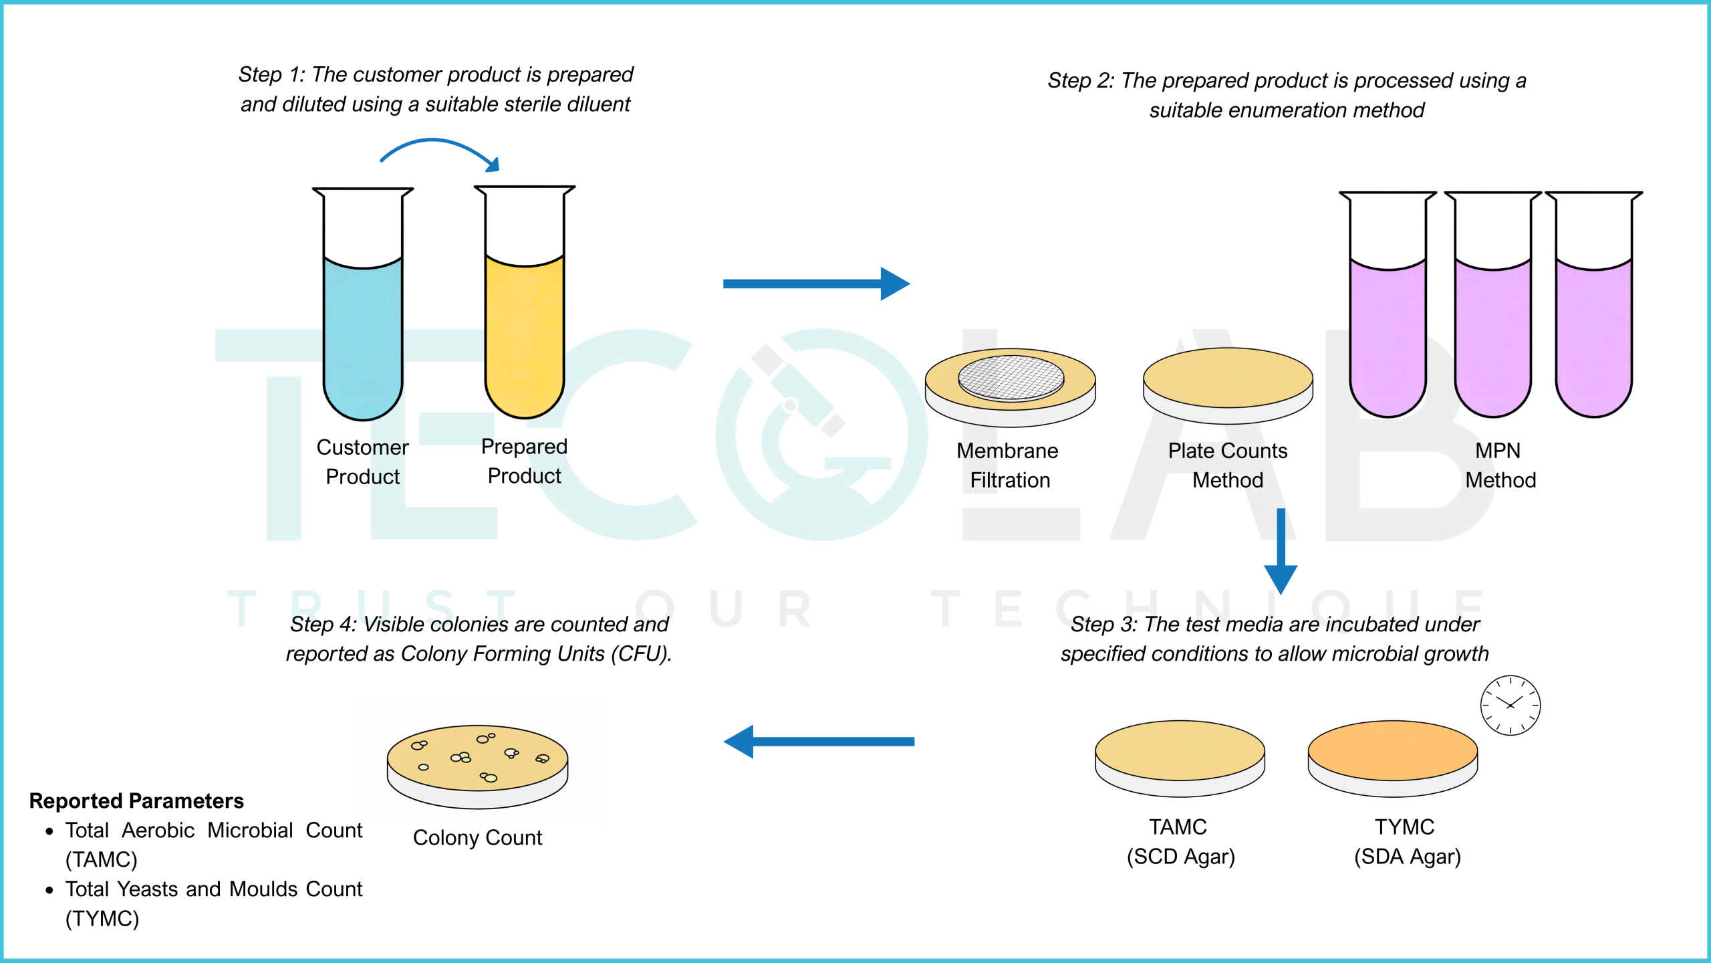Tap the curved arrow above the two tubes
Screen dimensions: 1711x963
438,141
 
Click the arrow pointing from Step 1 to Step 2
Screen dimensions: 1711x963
816,284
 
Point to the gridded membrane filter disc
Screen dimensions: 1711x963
1011,378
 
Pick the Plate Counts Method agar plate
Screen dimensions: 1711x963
1228,386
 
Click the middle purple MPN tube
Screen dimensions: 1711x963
1493,304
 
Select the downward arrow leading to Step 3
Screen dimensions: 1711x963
1281,552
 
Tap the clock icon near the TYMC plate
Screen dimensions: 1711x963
1510,706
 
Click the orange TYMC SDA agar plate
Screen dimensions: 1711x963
1393,758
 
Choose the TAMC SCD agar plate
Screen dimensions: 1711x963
1180,758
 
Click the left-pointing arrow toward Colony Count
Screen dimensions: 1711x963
819,742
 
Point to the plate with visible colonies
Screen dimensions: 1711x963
477,767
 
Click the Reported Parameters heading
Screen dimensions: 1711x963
136,800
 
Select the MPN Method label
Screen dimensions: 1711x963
1500,465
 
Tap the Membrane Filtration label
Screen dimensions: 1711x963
1008,465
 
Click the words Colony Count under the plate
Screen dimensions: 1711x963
477,837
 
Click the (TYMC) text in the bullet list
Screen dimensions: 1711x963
102,919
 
